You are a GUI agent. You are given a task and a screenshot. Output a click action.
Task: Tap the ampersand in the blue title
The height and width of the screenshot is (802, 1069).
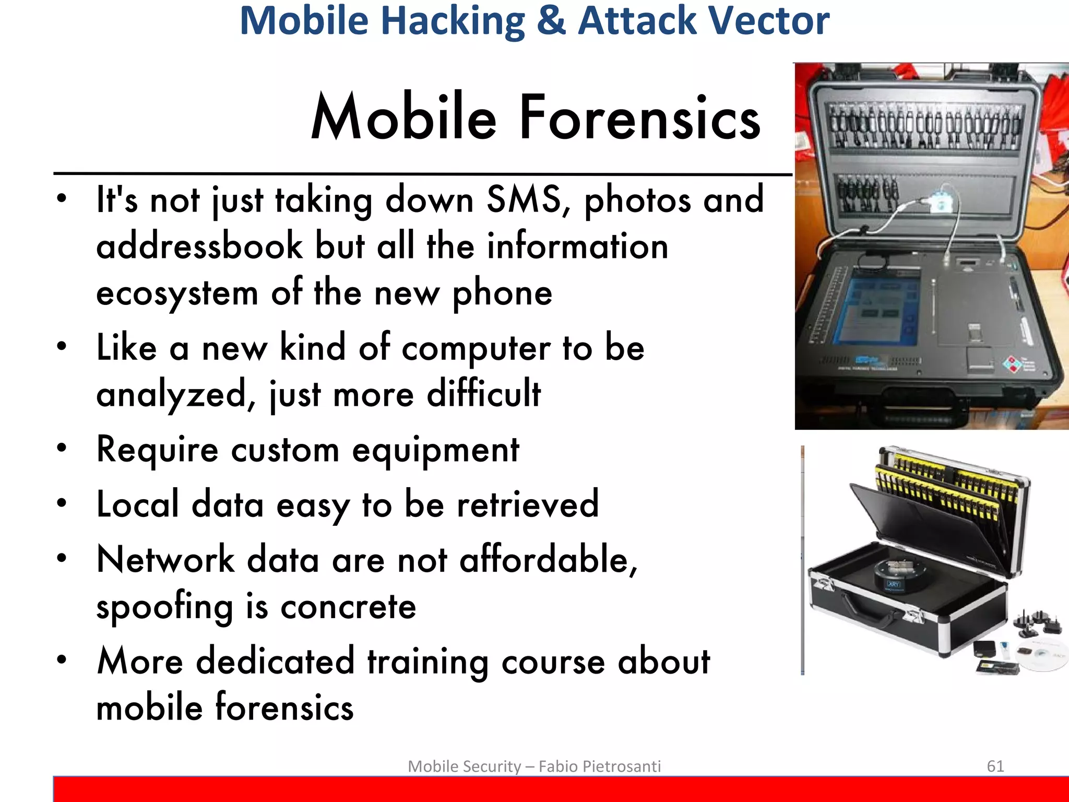click(x=551, y=21)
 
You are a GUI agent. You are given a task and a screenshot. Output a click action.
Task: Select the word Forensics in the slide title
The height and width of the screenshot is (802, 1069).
click(x=640, y=118)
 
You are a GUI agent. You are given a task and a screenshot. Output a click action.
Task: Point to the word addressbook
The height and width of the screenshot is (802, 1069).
click(x=199, y=246)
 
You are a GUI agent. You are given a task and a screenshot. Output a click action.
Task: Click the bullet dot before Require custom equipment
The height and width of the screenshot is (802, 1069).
click(x=62, y=448)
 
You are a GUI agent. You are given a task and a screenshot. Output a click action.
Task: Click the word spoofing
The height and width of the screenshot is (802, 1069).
click(x=164, y=607)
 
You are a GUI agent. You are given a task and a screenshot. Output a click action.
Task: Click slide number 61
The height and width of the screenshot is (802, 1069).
click(x=995, y=766)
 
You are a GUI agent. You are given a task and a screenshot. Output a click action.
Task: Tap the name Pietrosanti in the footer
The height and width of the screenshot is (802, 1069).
click(x=621, y=766)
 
